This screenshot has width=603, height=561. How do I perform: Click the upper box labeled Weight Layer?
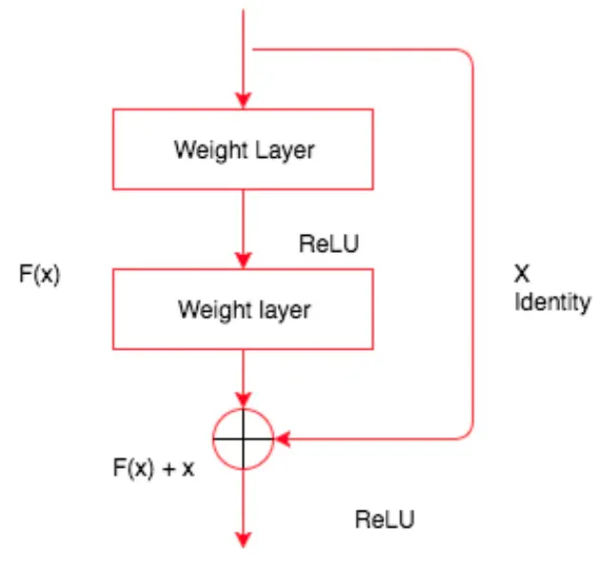(244, 149)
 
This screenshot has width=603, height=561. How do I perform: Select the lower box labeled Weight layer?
(244, 309)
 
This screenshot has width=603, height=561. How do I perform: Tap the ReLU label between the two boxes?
(329, 244)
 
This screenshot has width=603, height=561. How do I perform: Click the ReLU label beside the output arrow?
(385, 519)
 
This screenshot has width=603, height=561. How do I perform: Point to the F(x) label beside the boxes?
(40, 276)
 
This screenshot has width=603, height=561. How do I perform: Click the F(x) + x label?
(153, 469)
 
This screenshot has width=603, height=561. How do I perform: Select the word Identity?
(553, 303)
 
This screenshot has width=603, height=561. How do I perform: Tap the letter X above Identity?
(521, 275)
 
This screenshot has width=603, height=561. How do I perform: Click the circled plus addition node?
(244, 438)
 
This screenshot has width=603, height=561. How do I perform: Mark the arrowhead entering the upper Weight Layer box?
(244, 101)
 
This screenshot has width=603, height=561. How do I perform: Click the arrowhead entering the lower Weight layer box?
(244, 261)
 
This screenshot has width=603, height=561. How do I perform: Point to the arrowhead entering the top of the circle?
(244, 401)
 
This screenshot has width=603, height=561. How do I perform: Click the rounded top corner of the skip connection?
(466, 56)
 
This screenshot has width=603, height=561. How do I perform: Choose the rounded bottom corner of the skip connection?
(466, 433)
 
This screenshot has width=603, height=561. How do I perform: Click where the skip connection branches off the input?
(244, 49)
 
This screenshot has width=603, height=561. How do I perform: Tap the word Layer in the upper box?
(284, 149)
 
